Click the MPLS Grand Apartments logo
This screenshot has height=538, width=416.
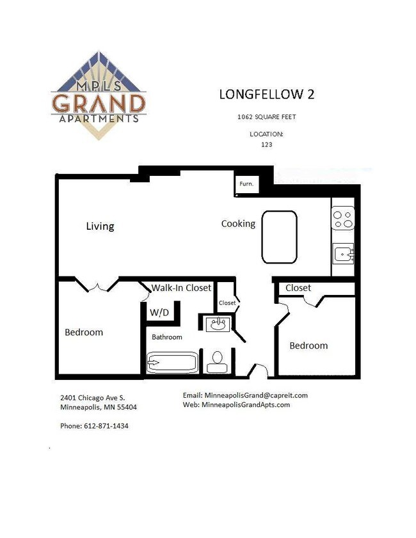point(99,96)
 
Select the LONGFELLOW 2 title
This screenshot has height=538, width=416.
point(267,95)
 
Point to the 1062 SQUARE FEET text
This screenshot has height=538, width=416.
point(267,117)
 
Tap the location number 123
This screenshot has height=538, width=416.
point(266,145)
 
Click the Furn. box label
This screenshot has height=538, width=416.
point(246,184)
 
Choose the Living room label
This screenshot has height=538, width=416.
point(100,226)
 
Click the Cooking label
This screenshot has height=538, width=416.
point(238,223)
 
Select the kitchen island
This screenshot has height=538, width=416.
point(279,237)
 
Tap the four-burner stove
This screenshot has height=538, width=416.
point(343,219)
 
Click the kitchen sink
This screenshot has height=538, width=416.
point(344,254)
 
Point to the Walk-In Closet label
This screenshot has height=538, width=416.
point(181,288)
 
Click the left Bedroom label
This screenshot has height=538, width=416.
point(84,332)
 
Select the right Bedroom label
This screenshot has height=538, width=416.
point(308,345)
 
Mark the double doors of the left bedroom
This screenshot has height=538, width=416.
point(97,286)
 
